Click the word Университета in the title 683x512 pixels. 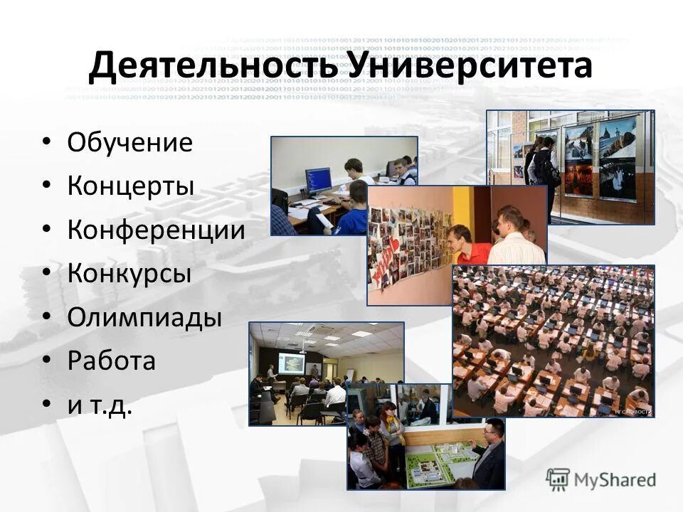tap(471, 66)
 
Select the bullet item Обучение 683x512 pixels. tap(129, 143)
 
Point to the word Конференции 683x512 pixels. tap(156, 230)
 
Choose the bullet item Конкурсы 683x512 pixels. tap(129, 273)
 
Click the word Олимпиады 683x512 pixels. tap(144, 317)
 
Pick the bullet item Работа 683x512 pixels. tap(111, 361)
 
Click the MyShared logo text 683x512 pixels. tap(615, 479)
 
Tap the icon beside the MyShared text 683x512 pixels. tap(558, 479)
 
